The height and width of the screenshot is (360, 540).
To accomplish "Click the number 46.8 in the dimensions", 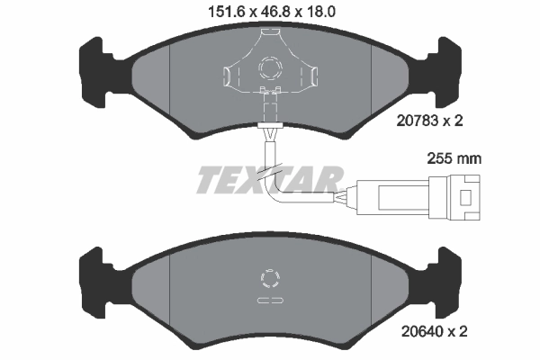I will click(269, 13).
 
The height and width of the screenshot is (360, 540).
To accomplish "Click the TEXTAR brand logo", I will click(269, 180).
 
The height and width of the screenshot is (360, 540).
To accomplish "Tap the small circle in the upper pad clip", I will click(270, 67).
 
